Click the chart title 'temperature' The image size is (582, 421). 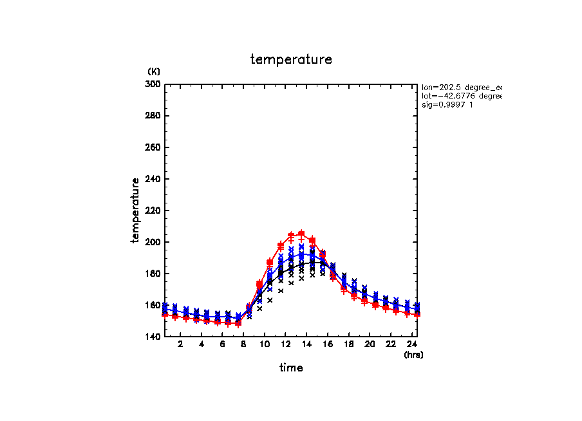coord(291,60)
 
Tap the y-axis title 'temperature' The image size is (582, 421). coord(136,210)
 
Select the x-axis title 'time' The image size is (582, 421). coord(291,368)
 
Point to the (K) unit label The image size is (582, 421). coord(154,71)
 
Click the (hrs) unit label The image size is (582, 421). coord(413,355)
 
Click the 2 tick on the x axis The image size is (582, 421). coord(180,344)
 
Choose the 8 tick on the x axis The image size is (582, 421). coord(243,344)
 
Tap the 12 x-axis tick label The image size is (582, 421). coord(285,344)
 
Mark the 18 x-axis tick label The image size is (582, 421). coord(348,344)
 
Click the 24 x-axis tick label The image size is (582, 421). coord(411,344)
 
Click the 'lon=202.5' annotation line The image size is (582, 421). coord(461,87)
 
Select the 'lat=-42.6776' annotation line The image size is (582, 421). coord(461,96)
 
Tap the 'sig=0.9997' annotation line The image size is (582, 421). coord(448,105)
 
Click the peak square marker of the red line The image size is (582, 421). coord(301,234)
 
